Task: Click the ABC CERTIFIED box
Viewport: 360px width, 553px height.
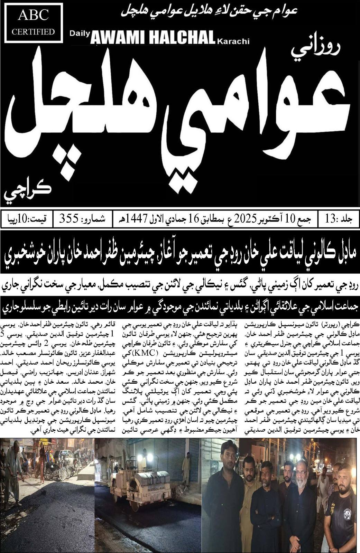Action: (33, 22)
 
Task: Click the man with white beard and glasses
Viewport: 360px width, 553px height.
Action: (301, 484)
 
